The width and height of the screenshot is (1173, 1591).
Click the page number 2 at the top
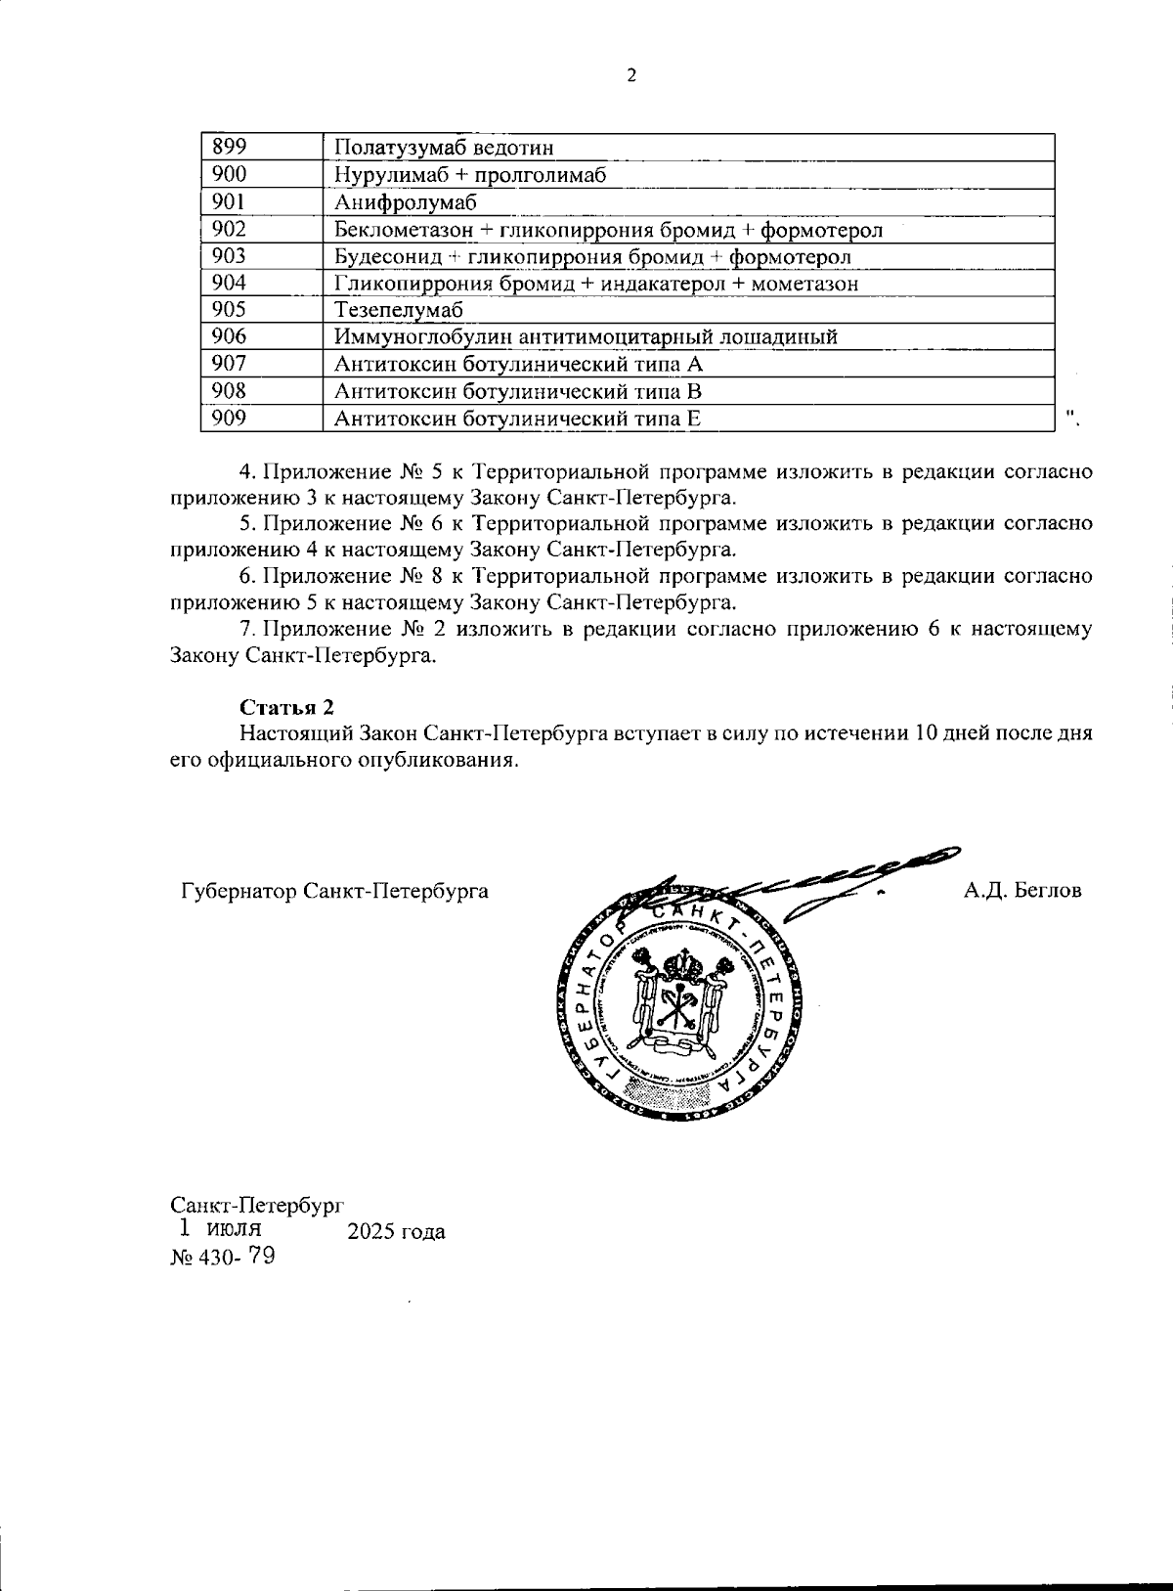point(630,75)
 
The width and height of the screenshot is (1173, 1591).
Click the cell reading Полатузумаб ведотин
point(444,148)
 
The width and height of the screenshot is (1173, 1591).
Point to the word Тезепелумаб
point(398,310)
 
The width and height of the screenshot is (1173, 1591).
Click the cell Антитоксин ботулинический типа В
point(518,391)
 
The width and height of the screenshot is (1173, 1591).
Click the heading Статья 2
point(287,707)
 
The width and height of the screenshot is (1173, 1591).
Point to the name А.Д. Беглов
point(1022,890)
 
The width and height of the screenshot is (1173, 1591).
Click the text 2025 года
point(397,1231)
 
